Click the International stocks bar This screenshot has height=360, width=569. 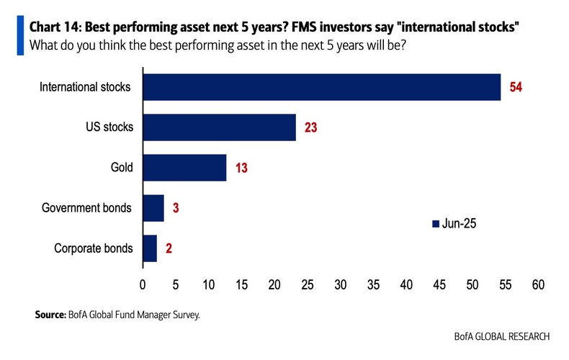(321, 87)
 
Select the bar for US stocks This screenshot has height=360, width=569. (219, 127)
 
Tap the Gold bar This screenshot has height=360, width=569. (184, 168)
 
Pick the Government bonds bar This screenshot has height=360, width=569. (153, 208)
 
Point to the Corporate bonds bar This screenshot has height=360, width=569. (150, 248)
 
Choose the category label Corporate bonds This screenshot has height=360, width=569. (94, 248)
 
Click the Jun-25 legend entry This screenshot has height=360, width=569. (453, 224)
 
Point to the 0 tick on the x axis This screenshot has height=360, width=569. (143, 284)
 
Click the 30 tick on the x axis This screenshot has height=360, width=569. (340, 284)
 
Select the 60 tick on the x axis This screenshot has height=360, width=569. (538, 284)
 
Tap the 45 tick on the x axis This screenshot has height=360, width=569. (439, 284)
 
